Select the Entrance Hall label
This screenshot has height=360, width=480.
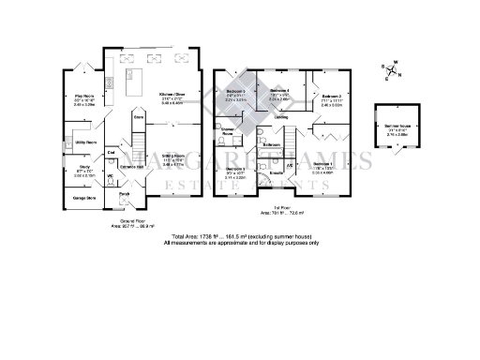pos(130,167)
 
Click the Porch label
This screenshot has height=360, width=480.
pos(124,194)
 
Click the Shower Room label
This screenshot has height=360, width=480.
pos(226,133)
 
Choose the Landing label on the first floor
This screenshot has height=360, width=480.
pos(280,116)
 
